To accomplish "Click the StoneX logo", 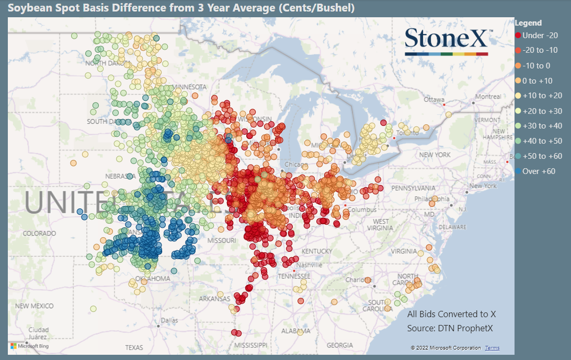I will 447,41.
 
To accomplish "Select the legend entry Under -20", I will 540,36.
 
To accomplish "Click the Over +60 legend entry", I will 539,171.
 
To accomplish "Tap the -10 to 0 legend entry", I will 536,66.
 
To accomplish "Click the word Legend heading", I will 528,23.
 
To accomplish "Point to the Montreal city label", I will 488,97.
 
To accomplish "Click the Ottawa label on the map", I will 433,99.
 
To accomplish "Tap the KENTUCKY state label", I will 316,251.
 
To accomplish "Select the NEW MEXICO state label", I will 35,306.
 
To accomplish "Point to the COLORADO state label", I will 39,233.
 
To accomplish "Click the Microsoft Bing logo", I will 29,346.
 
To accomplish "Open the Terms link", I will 492,348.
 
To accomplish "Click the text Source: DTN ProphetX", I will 450,329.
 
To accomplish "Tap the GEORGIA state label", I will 339,345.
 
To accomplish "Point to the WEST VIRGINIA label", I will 381,225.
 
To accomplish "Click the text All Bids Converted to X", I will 451,315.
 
